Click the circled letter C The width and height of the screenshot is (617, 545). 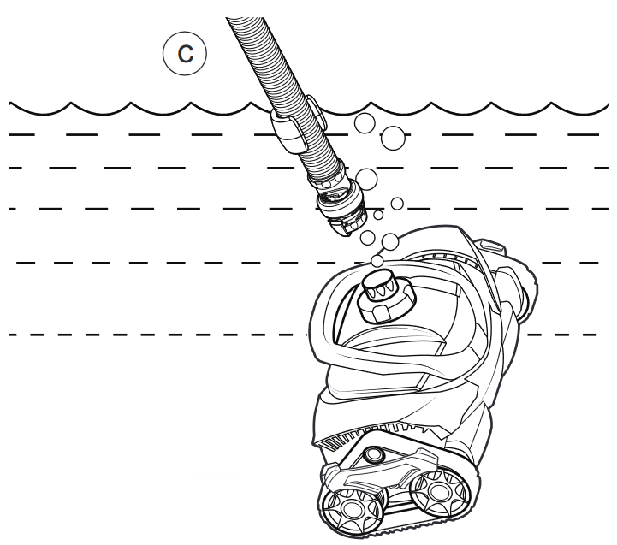(185, 53)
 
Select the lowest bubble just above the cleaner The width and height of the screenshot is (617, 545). (377, 260)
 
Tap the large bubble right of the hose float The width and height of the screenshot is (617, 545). (393, 137)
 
